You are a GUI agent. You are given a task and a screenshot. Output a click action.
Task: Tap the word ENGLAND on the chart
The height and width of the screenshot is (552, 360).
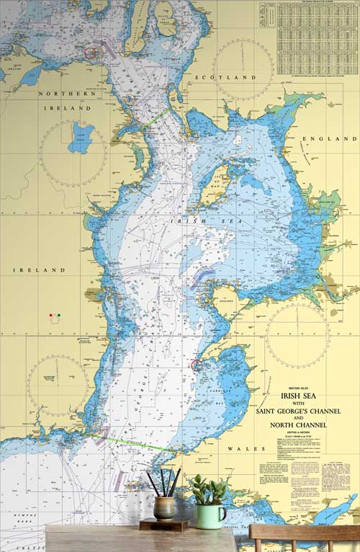point(326,138)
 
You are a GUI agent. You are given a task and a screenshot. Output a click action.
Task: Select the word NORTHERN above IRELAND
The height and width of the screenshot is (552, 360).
point(67,94)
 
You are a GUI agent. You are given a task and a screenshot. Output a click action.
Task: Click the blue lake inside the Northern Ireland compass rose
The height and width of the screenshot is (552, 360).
point(81,137)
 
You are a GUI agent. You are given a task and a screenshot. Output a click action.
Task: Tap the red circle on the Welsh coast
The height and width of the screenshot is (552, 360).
point(197,365)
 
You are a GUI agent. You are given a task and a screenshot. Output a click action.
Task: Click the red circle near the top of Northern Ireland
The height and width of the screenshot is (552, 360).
point(91,53)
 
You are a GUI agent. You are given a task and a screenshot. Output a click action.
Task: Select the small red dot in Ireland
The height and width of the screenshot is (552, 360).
point(50,316)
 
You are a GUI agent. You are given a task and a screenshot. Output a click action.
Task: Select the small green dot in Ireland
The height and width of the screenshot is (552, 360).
point(58,316)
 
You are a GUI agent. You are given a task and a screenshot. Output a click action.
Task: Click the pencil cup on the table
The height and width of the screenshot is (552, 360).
point(164,507)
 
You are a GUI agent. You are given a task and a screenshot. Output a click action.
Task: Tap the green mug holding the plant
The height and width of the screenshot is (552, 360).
point(210,515)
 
